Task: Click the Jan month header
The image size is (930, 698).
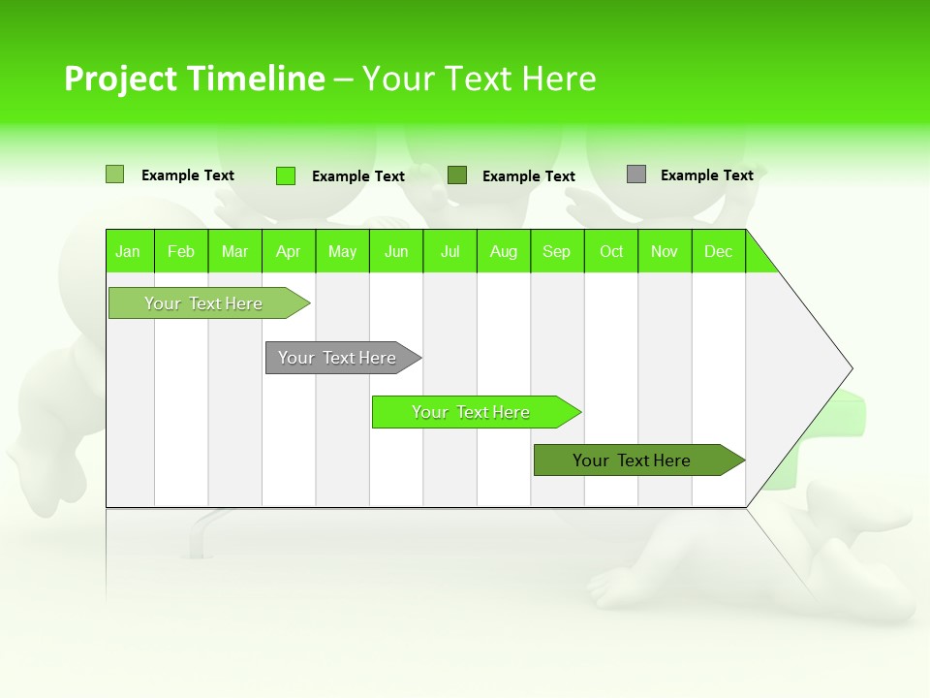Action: point(129,251)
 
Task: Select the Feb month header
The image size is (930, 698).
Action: point(181,251)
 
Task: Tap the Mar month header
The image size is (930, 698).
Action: point(234,251)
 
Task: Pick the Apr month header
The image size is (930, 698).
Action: point(289,251)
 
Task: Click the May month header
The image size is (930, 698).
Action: point(342,251)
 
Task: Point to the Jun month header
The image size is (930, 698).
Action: point(396,251)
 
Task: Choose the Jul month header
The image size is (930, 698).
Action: point(449,251)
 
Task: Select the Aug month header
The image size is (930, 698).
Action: point(504,251)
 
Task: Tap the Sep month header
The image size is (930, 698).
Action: point(557,251)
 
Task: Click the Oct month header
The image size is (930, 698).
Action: point(611,251)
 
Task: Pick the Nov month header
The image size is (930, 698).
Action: point(665,251)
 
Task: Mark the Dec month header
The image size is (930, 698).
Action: point(719,251)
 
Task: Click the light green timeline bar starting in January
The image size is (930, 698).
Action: point(203,303)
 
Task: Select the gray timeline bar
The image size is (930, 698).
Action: point(338,358)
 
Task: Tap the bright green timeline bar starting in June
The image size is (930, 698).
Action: point(471,412)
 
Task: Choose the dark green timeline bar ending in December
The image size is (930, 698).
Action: point(633,460)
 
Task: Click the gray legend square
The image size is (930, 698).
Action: point(636,174)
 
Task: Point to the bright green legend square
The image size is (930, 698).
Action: point(286,175)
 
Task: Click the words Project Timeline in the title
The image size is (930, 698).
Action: point(195,79)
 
